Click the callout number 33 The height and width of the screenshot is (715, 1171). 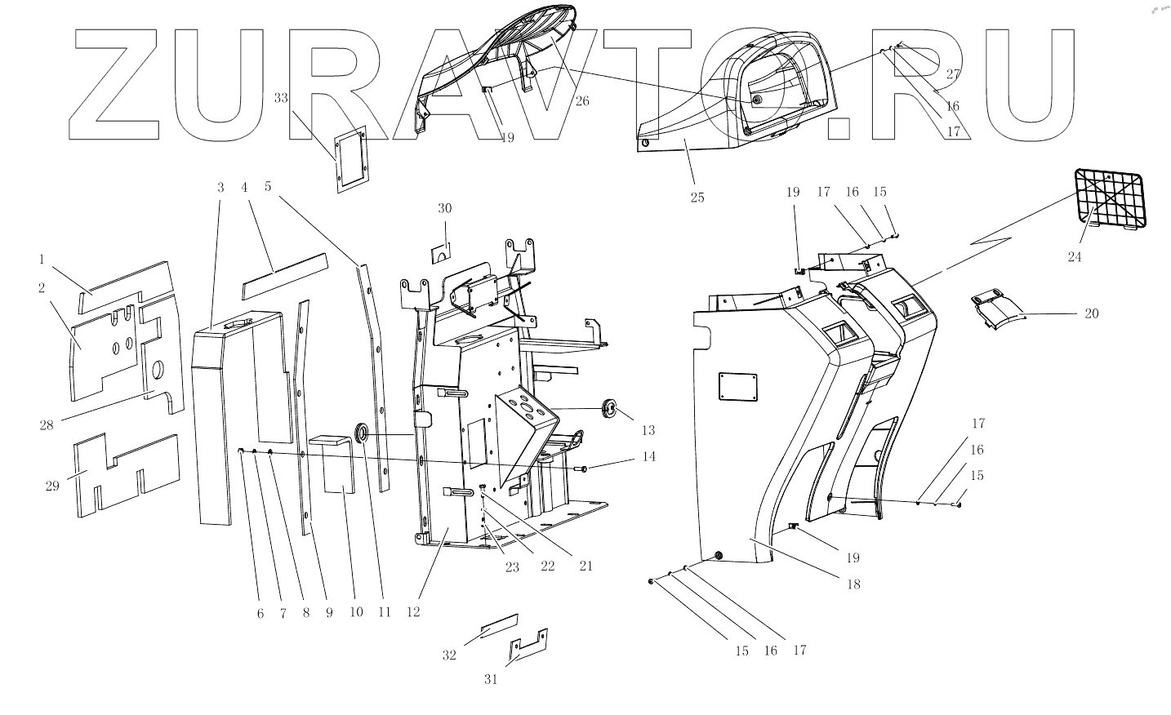pyautogui.click(x=281, y=98)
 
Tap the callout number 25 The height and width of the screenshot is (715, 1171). pyautogui.click(x=697, y=198)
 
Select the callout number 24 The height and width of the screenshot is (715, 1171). pyautogui.click(x=1074, y=257)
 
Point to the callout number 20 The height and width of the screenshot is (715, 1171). pyautogui.click(x=1092, y=314)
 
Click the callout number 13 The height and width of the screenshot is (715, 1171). pyautogui.click(x=648, y=430)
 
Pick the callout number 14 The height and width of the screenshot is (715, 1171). pyautogui.click(x=648, y=457)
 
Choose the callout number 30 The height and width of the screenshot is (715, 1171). pyautogui.click(x=444, y=208)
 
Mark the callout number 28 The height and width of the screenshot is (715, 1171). pyautogui.click(x=47, y=424)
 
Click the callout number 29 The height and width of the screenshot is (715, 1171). pyautogui.click(x=53, y=486)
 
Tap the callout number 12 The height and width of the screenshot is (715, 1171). pyautogui.click(x=413, y=612)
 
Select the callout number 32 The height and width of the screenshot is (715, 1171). pyautogui.click(x=449, y=655)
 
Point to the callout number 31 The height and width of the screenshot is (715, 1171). pyautogui.click(x=491, y=679)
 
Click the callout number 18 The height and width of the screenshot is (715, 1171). pyautogui.click(x=854, y=584)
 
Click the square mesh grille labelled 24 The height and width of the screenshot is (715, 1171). pyautogui.click(x=1110, y=198)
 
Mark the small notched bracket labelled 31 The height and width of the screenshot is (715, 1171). pyautogui.click(x=527, y=646)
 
